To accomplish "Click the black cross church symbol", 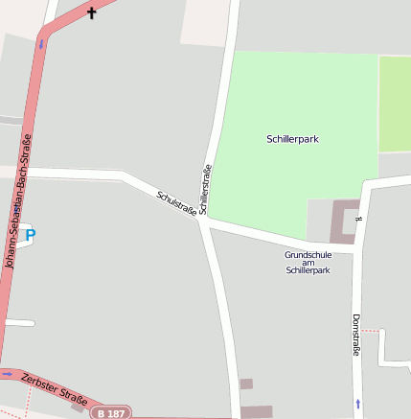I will (x=92, y=13).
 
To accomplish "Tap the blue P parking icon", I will (x=30, y=235).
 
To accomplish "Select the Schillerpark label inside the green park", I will (x=292, y=139).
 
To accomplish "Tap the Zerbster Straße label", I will (x=55, y=389).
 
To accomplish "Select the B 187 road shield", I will (x=111, y=413).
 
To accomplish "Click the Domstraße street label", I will (x=356, y=335).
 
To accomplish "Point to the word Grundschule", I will (x=308, y=254).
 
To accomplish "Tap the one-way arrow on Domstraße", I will (x=359, y=404).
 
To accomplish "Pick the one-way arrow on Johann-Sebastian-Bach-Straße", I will (x=41, y=43).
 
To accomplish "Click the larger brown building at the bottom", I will (x=256, y=411).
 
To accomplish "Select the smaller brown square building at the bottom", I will (x=246, y=384).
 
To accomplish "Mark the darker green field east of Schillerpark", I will (x=394, y=104).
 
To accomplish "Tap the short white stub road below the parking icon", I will (x=19, y=323).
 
